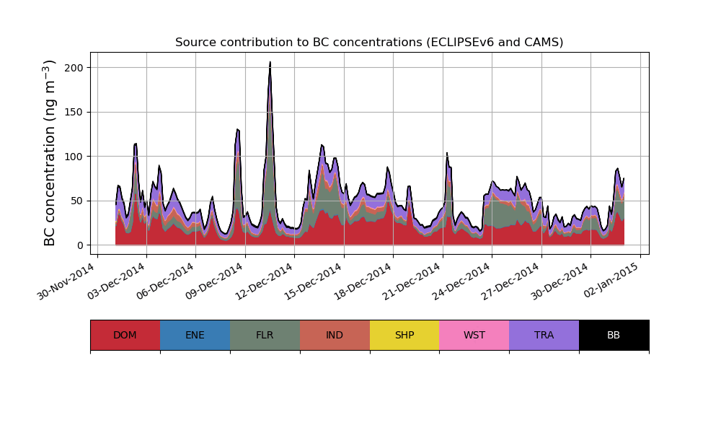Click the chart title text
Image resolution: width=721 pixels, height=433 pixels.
click(x=369, y=43)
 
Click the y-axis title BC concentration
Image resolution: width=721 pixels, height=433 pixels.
click(x=50, y=153)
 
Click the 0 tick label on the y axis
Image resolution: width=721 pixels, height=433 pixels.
click(x=79, y=245)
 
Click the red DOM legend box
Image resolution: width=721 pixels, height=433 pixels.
click(x=125, y=335)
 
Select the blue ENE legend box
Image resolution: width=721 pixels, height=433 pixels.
click(x=195, y=335)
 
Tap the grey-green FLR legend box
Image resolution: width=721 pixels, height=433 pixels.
click(x=265, y=335)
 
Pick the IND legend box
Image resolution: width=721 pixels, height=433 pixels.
click(x=335, y=335)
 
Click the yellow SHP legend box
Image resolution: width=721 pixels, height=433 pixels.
click(x=404, y=335)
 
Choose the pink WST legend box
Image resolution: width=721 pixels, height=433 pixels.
click(x=474, y=335)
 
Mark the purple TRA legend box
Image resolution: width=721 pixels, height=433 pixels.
click(x=544, y=335)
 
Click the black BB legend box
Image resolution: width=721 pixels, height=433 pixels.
click(x=614, y=335)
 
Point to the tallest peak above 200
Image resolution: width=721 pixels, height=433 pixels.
click(x=270, y=63)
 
